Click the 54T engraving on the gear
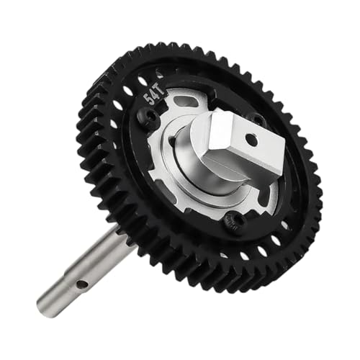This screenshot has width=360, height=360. point(153,96)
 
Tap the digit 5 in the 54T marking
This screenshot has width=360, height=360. point(147,100)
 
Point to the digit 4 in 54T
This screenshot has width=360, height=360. point(153,96)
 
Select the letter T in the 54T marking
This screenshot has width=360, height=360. point(161,92)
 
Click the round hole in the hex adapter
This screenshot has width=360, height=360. point(250,138)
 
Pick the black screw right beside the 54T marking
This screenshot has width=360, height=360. point(146,115)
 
